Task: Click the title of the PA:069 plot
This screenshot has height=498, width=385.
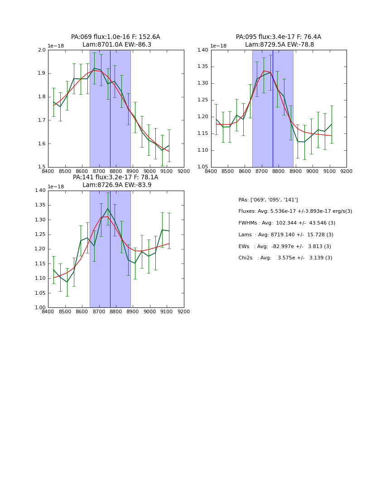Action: pyautogui.click(x=115, y=41)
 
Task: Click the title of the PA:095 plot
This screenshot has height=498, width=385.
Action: pyautogui.click(x=279, y=41)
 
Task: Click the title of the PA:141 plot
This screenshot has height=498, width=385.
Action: pyautogui.click(x=115, y=181)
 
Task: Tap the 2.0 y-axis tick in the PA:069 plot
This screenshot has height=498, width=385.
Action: pyautogui.click(x=42, y=50)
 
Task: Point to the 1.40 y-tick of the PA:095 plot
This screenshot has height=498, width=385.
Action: pyautogui.click(x=203, y=50)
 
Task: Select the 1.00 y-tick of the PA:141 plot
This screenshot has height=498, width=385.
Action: pyautogui.click(x=40, y=308)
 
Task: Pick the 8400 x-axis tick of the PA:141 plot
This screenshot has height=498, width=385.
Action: pyautogui.click(x=48, y=312)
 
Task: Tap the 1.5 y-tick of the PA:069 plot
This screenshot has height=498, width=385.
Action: pyautogui.click(x=42, y=167)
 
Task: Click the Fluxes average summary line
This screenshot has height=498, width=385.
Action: pyautogui.click(x=295, y=211)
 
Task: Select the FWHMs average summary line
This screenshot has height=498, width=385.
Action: pyautogui.click(x=287, y=223)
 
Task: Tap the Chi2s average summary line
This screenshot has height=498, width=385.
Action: pyautogui.click(x=285, y=258)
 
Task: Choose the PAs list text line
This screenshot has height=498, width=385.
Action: pyautogui.click(x=268, y=200)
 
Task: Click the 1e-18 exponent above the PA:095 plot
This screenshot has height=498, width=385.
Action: pyautogui.click(x=218, y=46)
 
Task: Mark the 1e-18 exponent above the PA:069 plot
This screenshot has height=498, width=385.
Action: pyautogui.click(x=56, y=46)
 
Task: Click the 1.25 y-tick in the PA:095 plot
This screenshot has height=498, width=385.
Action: pyautogui.click(x=203, y=100)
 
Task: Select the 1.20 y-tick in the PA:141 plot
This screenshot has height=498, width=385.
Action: pyautogui.click(x=40, y=249)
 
